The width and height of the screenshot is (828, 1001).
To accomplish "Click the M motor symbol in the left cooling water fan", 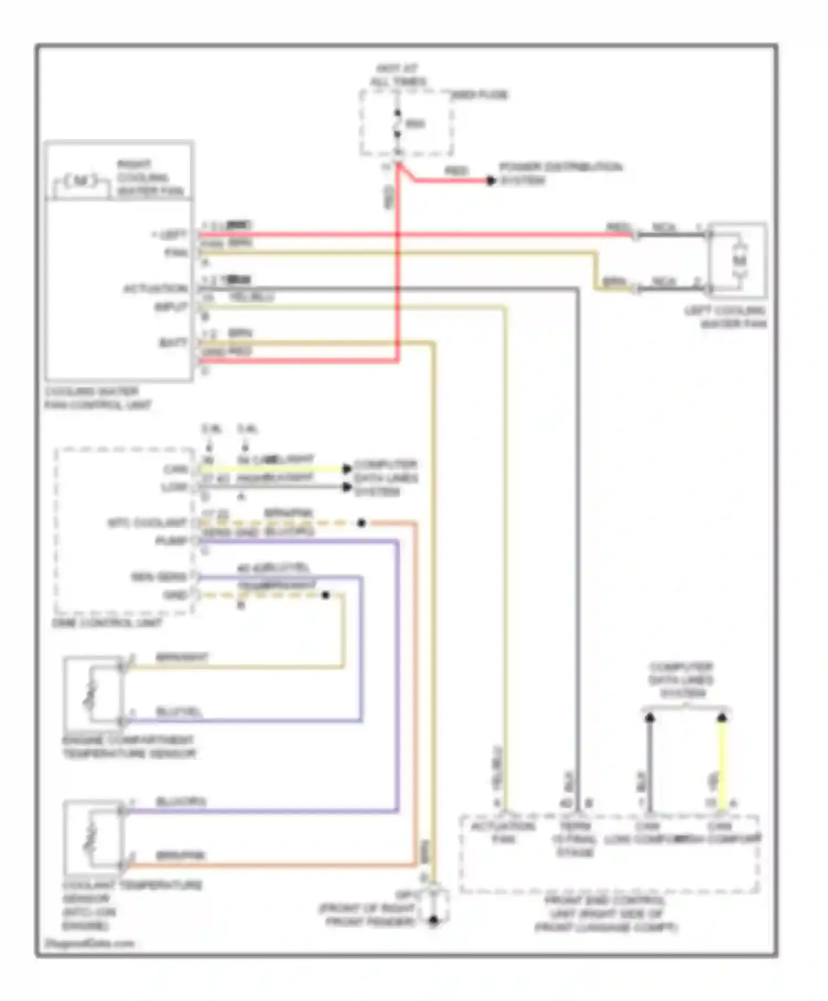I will tap(740, 260).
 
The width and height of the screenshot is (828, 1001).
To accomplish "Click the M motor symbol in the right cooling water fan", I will tap(81, 180).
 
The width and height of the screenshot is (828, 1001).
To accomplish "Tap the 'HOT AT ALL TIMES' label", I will tap(397, 75).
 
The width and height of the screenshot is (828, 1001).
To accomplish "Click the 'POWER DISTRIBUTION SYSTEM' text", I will tap(560, 173).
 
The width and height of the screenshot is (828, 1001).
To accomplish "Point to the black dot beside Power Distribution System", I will tap(490, 180).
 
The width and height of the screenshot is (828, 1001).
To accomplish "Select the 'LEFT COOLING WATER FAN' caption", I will tap(725, 317).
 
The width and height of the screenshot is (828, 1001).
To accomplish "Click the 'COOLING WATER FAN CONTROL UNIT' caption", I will tap(98, 398).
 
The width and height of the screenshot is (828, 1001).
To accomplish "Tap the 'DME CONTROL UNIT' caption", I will tap(107, 622).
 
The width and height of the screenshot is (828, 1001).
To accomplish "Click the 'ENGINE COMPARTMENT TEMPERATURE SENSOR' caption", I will tap(129, 747).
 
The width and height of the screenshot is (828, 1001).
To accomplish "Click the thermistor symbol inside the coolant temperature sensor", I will tap(90, 839).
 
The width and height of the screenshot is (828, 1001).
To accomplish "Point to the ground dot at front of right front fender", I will tap(433, 920).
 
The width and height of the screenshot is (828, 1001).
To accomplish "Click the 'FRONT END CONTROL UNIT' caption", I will tap(606, 914).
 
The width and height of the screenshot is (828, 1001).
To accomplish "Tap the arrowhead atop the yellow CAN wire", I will tap(721, 718).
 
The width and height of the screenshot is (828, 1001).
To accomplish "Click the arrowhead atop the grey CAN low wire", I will tap(650, 718).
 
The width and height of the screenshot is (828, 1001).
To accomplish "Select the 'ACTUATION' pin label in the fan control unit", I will tap(155, 289).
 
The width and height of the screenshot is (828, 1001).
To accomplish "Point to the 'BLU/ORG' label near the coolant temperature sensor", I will tap(181, 801).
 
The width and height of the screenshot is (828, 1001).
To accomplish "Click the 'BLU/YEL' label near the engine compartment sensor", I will tap(179, 712).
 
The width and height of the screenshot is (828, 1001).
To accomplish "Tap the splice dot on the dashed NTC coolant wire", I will tap(361, 523).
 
